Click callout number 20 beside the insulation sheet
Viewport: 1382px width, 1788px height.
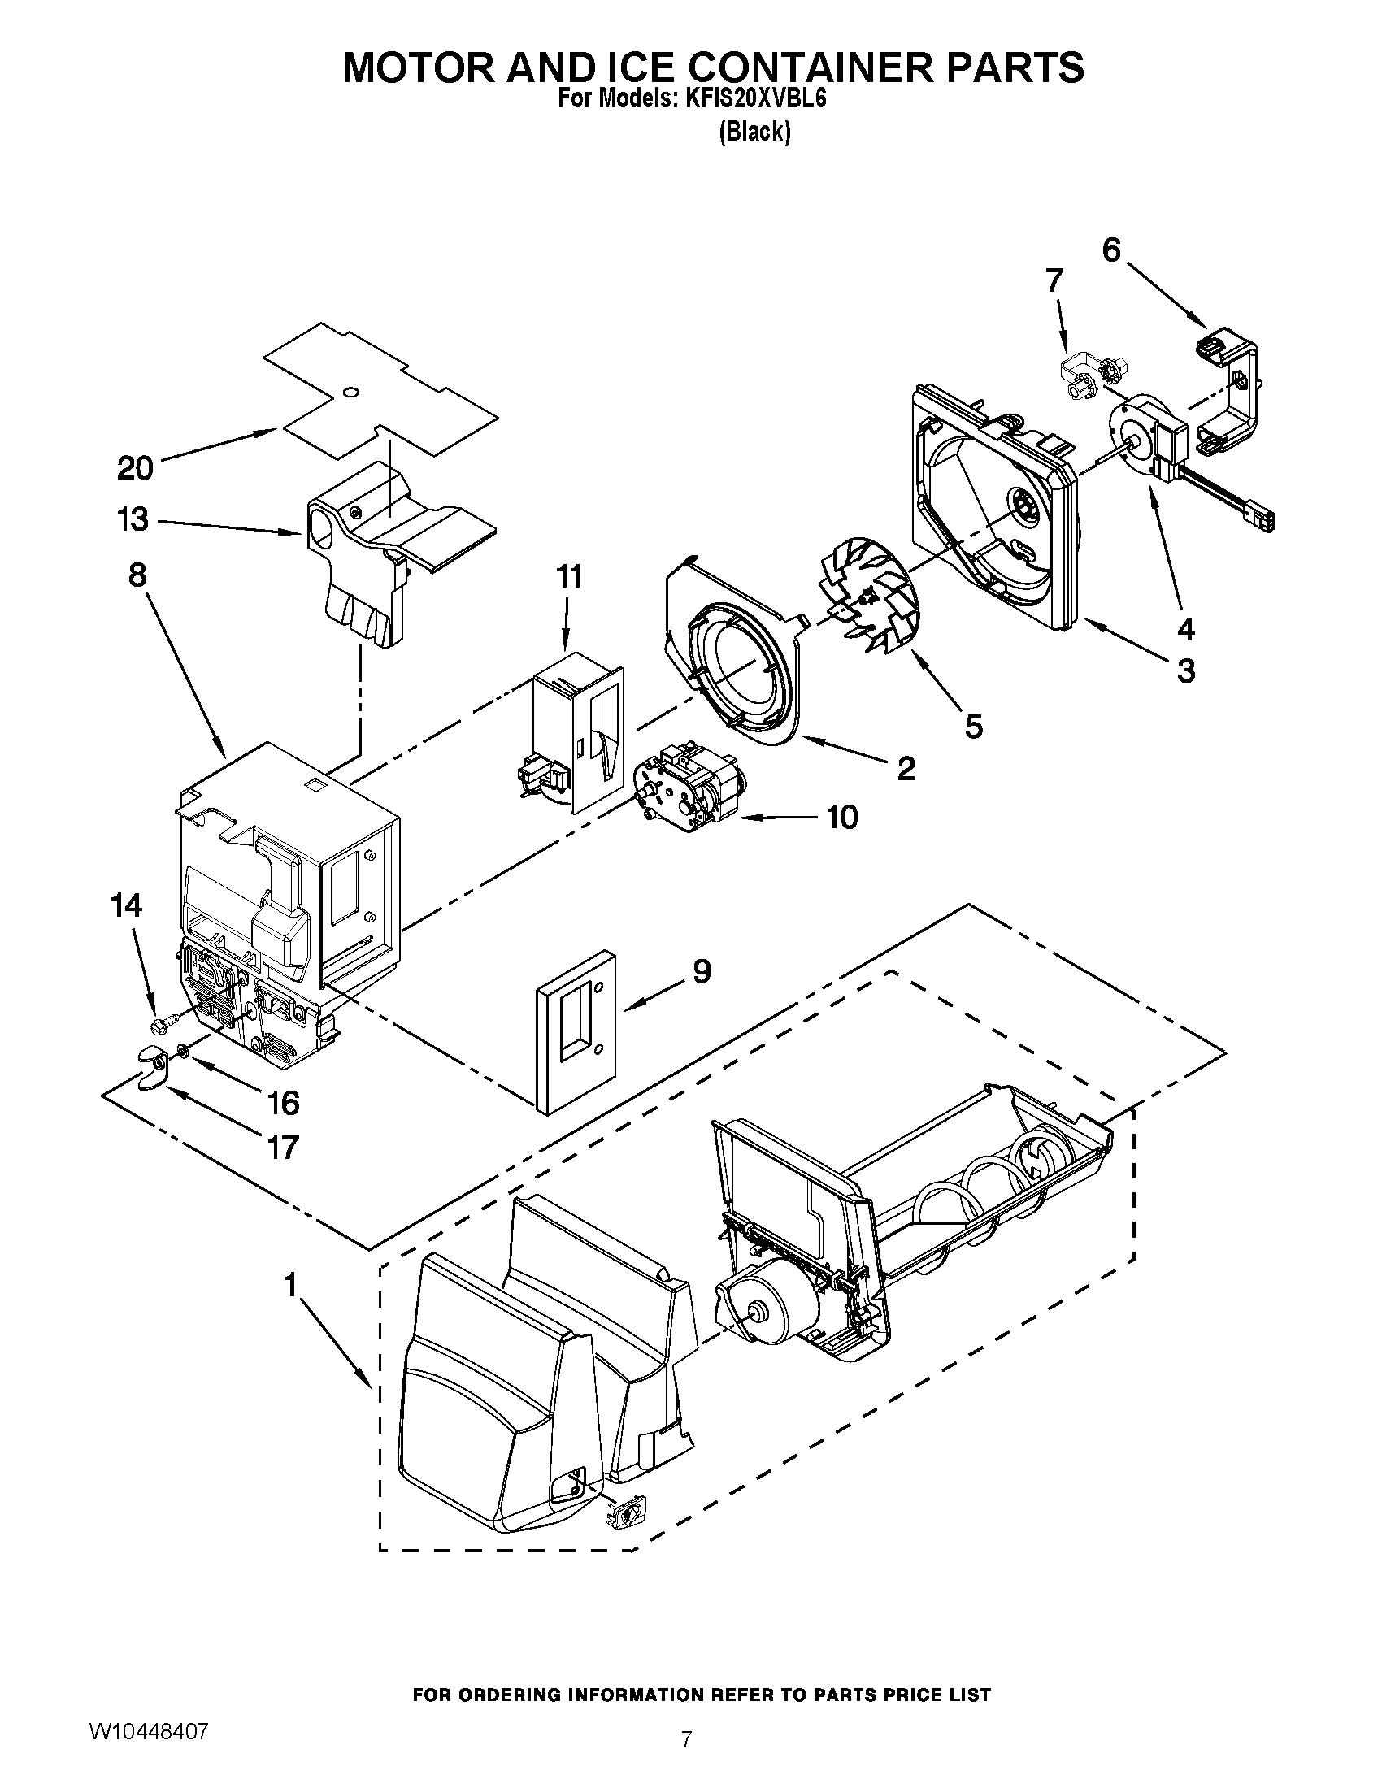tap(135, 468)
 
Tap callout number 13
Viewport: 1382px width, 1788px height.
tap(133, 519)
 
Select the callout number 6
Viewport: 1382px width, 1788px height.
tap(1111, 250)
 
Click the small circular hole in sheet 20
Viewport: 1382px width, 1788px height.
tap(350, 394)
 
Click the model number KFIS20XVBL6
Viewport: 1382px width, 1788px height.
tap(750, 99)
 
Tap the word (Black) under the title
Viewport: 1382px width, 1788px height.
tap(754, 132)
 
